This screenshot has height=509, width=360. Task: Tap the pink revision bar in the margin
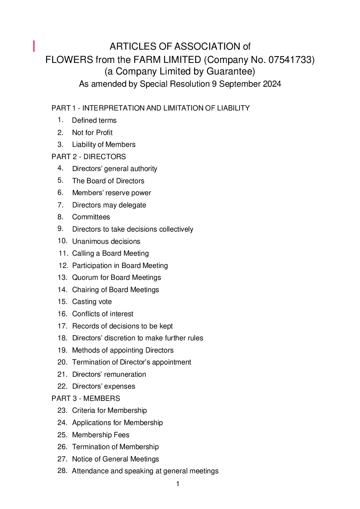tap(34, 46)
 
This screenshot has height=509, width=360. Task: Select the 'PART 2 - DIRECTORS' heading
tap(88, 157)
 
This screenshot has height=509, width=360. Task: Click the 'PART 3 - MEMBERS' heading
tap(86, 398)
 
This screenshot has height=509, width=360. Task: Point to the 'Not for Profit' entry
tap(92, 133)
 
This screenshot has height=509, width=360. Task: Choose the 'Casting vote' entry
tap(92, 302)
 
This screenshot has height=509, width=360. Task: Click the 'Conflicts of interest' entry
tap(103, 314)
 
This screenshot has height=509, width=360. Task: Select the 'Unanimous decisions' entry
tap(106, 241)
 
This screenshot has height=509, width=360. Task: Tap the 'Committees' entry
tap(91, 217)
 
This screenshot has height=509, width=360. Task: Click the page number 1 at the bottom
tap(178, 484)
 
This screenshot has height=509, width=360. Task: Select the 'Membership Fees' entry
tap(101, 435)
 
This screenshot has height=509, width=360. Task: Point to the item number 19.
tap(62, 350)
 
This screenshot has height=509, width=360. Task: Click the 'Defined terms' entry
tap(94, 120)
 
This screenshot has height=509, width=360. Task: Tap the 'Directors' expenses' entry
tap(103, 386)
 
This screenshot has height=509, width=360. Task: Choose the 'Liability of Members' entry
tap(104, 145)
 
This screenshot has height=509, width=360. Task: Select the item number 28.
tap(62, 471)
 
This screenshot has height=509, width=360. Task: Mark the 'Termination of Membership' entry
tap(115, 447)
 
